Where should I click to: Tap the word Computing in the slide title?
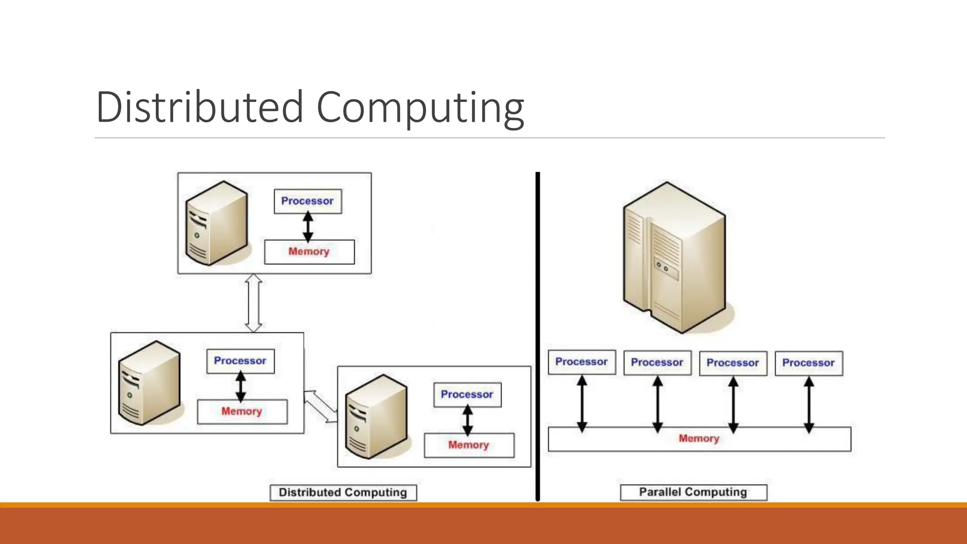pos(420,108)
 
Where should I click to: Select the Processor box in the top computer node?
pos(308,201)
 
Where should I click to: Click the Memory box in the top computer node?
pos(309,252)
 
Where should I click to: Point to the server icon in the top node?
pos(217,223)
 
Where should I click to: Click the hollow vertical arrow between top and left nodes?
pos(254,303)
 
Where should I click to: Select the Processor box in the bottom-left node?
pos(240,361)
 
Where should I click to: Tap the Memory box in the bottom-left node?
pos(242,411)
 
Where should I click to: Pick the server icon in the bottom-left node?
pos(149,382)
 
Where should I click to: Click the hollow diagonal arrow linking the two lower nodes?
pos(321,406)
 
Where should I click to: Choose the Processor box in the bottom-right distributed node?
pos(467,395)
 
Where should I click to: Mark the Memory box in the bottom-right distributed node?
pos(469,445)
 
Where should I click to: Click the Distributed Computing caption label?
pos(343,493)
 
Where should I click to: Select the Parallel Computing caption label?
pos(693,492)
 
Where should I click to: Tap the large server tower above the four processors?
pos(674,257)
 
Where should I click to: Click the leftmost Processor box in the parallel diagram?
pos(582,362)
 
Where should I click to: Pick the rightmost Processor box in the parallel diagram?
pos(808,363)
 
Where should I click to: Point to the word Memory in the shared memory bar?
pos(699,439)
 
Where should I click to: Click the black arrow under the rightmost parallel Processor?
pos(809,405)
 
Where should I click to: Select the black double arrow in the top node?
pos(308,227)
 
